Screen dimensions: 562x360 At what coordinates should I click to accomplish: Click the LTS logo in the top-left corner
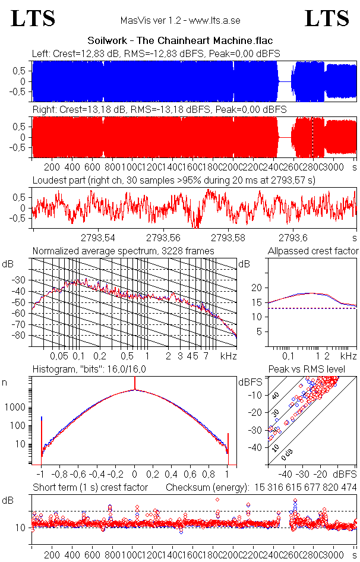[33, 18]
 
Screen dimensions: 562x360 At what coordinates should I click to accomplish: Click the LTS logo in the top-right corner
[327, 18]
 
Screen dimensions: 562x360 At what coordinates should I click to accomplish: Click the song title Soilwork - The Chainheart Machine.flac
[180, 41]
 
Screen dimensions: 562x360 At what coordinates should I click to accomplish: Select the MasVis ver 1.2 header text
[179, 20]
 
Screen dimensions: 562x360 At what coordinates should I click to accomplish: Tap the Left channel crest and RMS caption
[156, 54]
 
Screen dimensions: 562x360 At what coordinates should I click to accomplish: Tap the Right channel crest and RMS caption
[159, 110]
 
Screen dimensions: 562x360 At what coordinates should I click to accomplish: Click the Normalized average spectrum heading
[123, 251]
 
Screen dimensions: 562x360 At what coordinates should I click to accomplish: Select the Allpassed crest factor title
[313, 251]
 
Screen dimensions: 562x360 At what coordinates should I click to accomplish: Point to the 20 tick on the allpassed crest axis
[257, 288]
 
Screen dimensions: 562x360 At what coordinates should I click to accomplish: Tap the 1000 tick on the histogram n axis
[15, 408]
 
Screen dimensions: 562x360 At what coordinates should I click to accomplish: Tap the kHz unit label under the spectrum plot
[229, 356]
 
